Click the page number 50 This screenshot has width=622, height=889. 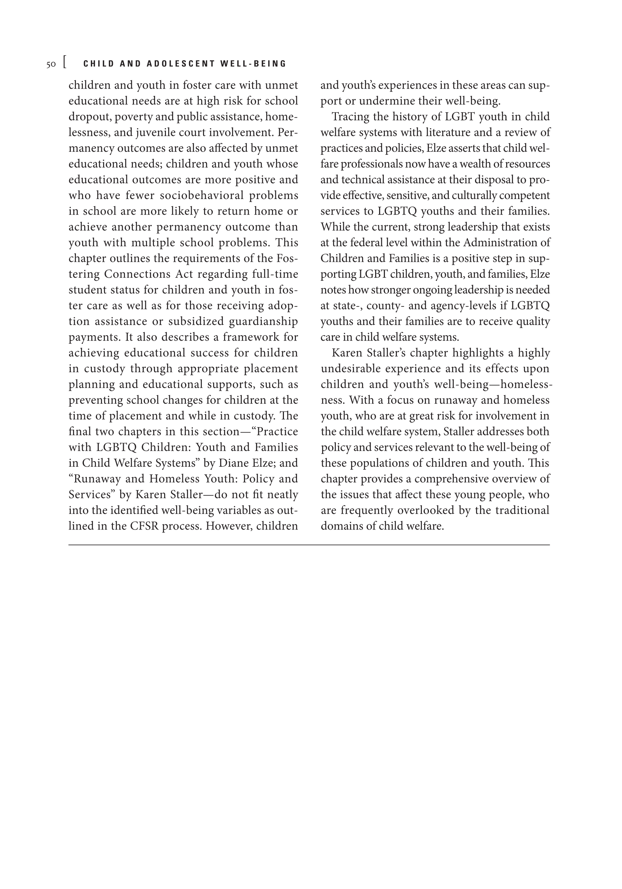(51, 65)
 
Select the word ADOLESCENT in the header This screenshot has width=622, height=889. (181, 64)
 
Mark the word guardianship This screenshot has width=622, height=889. (263, 321)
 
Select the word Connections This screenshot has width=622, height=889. (138, 274)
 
